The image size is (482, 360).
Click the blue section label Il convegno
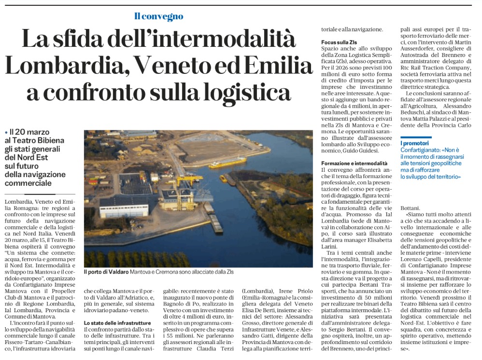coord(159,16)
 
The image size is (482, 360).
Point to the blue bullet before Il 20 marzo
coord(6,132)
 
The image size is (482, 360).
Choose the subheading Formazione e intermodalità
coord(354,163)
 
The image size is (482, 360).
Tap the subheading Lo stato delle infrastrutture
coord(119,323)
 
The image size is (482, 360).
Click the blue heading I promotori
coord(414,143)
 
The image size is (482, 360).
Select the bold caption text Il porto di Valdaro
coord(106,272)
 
